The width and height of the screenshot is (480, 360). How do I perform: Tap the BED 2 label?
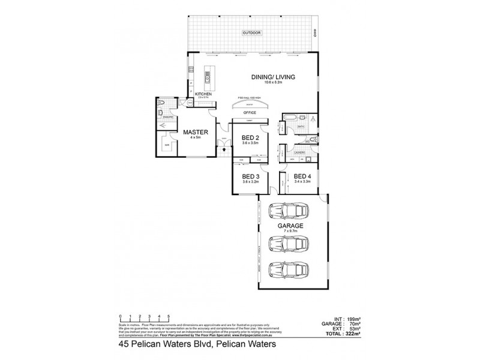tap(242, 137)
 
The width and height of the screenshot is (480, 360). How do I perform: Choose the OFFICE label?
tap(250, 112)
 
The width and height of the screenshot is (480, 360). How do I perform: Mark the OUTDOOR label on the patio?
tap(252, 32)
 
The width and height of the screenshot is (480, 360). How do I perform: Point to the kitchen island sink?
tap(208, 77)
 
